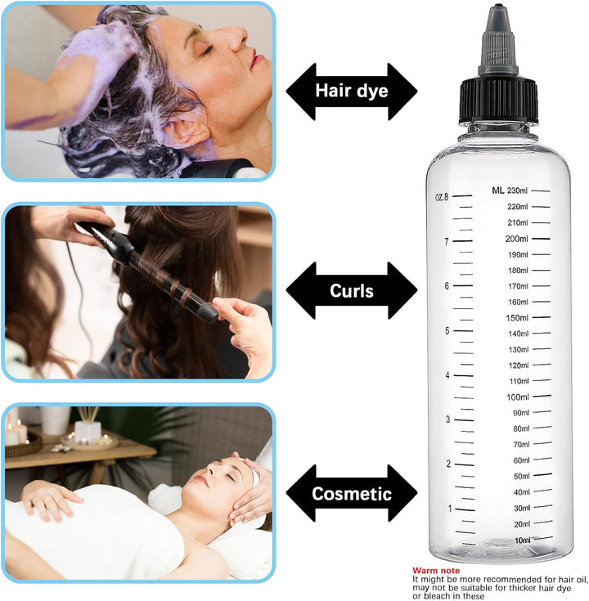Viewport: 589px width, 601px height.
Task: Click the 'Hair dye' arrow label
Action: click(x=352, y=90)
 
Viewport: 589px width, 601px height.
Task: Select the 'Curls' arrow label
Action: click(x=352, y=290)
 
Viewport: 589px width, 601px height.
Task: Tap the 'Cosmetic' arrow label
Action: click(x=352, y=493)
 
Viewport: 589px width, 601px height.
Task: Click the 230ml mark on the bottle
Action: click(x=518, y=191)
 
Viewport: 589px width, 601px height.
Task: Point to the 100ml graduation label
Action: click(x=518, y=397)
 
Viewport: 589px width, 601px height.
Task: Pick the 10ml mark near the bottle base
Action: click(x=522, y=540)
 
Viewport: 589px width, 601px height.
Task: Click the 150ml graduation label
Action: click(x=518, y=318)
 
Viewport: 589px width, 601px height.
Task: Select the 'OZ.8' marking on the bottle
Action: click(x=441, y=196)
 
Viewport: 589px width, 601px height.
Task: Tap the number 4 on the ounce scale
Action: click(x=447, y=375)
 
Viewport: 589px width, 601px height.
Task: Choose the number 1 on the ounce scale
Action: click(x=449, y=509)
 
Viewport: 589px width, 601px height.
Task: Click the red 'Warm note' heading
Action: click(x=436, y=570)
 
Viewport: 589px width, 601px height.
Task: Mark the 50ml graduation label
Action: click(x=521, y=477)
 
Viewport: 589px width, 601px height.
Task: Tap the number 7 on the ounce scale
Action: click(x=447, y=241)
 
